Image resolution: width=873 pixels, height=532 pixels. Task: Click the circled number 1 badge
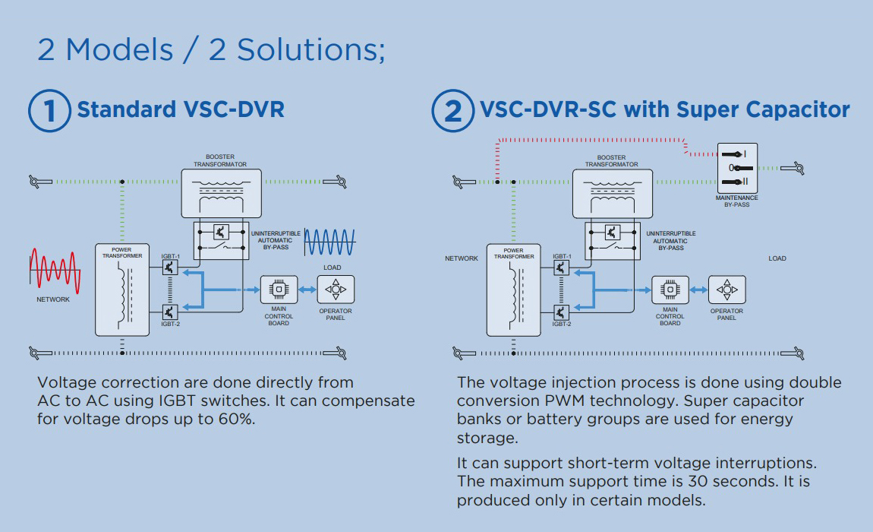(49, 110)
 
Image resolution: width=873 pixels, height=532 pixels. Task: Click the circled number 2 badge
(452, 110)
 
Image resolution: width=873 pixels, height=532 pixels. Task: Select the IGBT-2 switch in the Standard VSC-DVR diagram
(170, 312)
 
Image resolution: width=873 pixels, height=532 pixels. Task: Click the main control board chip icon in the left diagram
(279, 290)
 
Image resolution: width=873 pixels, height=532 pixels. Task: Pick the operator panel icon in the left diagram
(336, 290)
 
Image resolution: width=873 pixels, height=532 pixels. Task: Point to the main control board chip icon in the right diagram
(670, 290)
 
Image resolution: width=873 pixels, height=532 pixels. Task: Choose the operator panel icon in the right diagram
(727, 290)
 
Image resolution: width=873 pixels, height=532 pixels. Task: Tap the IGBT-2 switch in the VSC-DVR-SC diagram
(562, 312)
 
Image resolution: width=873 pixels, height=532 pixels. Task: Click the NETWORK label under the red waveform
(53, 299)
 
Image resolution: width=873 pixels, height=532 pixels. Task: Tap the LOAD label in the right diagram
(777, 258)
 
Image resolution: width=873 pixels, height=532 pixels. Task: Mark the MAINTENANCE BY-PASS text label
(737, 201)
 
